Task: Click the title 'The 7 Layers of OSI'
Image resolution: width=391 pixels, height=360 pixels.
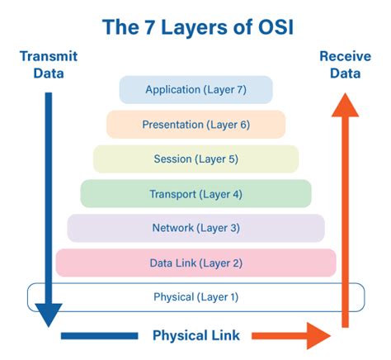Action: tap(195, 26)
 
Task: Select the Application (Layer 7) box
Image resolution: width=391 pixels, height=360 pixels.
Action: tap(195, 90)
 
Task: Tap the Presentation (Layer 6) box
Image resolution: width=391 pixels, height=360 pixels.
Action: tap(195, 125)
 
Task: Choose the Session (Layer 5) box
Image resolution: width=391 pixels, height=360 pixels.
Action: tap(195, 159)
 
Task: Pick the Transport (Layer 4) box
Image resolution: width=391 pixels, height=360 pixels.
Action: tap(195, 194)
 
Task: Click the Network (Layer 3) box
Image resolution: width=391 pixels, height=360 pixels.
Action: tap(195, 228)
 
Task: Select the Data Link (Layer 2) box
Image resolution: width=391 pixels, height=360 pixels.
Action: tap(195, 263)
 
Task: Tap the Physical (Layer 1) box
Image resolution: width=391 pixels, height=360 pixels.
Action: tap(195, 297)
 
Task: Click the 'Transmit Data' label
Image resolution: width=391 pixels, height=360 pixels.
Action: tap(48, 64)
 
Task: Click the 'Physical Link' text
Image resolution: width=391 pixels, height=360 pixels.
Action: tap(196, 335)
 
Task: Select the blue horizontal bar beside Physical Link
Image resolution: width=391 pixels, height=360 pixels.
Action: tap(99, 336)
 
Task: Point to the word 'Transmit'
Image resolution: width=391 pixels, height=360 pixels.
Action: tap(48, 56)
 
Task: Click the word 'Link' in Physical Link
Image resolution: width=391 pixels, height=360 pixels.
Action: tap(225, 335)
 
